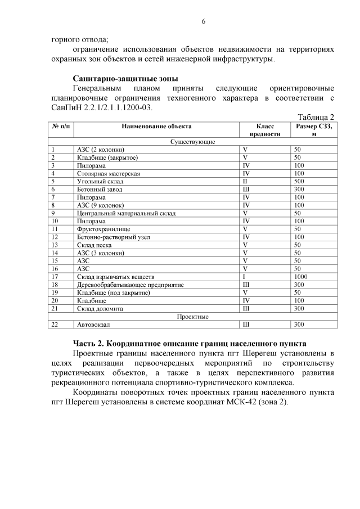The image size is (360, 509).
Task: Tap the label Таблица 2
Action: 315,116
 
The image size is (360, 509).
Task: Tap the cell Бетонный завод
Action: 98,190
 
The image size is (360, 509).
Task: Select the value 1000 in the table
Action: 301,277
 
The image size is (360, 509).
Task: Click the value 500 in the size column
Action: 299,182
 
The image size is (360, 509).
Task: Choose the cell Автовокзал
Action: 93,325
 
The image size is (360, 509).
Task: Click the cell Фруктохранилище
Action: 103,229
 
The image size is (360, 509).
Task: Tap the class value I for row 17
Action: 244,277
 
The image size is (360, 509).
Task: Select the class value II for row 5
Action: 245,182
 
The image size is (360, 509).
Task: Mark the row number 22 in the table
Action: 55,325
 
